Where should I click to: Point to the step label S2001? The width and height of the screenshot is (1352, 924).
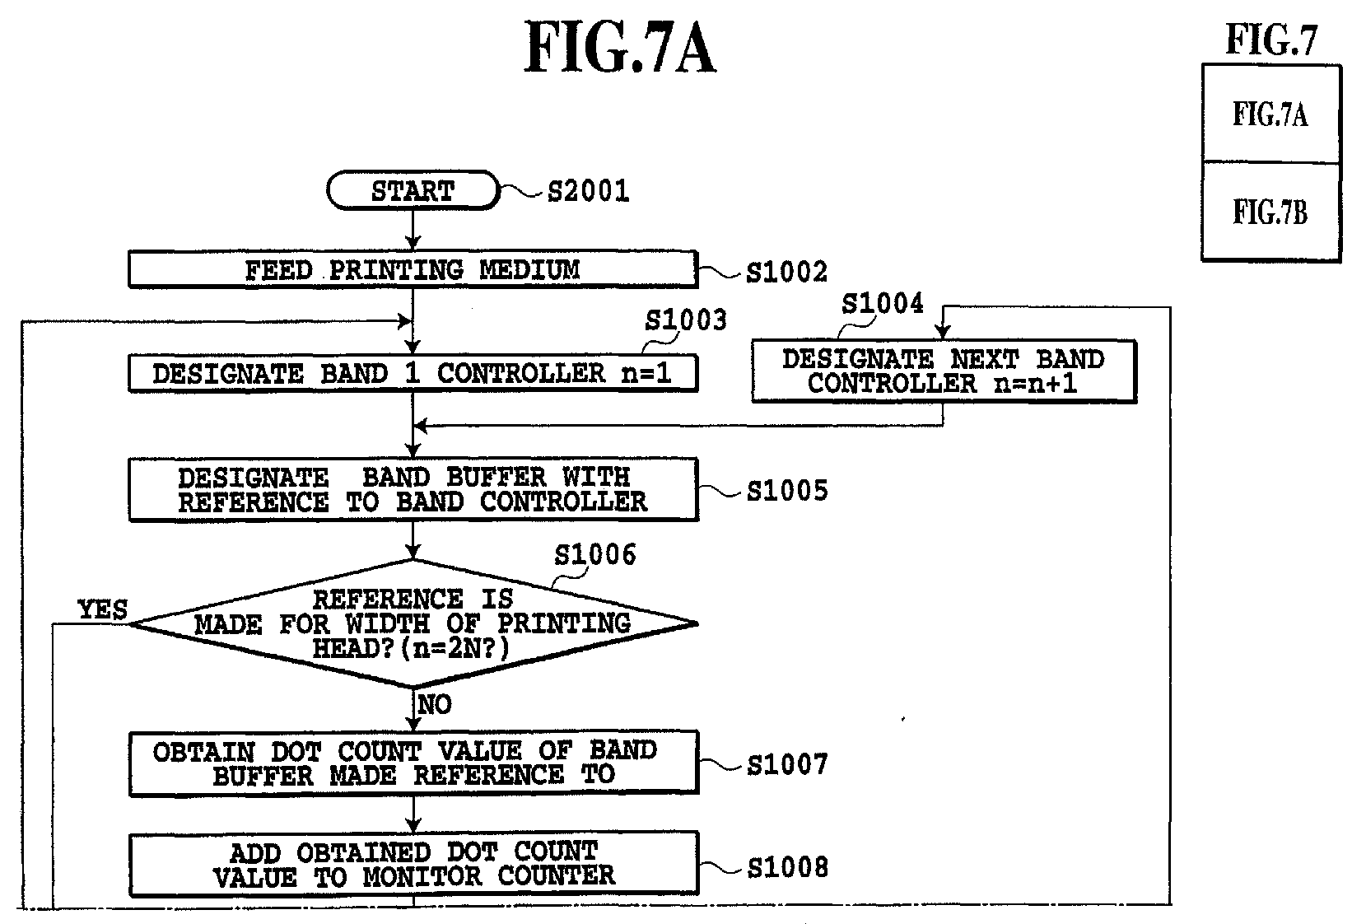tap(588, 191)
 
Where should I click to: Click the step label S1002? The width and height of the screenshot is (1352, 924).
tap(787, 273)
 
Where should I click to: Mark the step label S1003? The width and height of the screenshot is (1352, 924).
tap(686, 320)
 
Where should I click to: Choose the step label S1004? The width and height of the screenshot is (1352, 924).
tap(883, 304)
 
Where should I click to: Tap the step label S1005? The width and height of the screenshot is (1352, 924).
tap(787, 491)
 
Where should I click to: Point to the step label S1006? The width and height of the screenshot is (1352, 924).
tap(595, 554)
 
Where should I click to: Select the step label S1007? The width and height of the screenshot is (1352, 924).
tap(787, 765)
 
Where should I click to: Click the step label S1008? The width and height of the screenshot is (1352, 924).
tap(787, 867)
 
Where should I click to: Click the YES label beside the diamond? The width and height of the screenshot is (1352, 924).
tap(103, 609)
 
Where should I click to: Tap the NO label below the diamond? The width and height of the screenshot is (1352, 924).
tap(435, 704)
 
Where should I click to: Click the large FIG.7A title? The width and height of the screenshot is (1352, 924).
tap(621, 47)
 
